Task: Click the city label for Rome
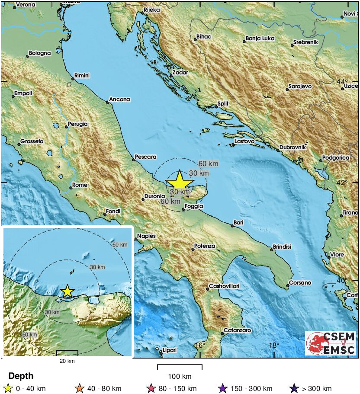(80, 185)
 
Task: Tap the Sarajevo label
(302, 86)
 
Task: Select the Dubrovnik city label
(292, 147)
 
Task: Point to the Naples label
(146, 236)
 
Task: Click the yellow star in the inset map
(67, 291)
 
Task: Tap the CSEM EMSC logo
(331, 343)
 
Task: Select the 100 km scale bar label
(180, 376)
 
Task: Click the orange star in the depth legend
(79, 388)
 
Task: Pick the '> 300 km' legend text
(317, 388)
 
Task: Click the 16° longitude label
(199, 346)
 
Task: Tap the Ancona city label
(119, 99)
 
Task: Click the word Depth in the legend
(21, 376)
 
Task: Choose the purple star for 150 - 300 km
(222, 388)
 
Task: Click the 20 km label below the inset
(67, 361)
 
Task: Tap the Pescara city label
(145, 157)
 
